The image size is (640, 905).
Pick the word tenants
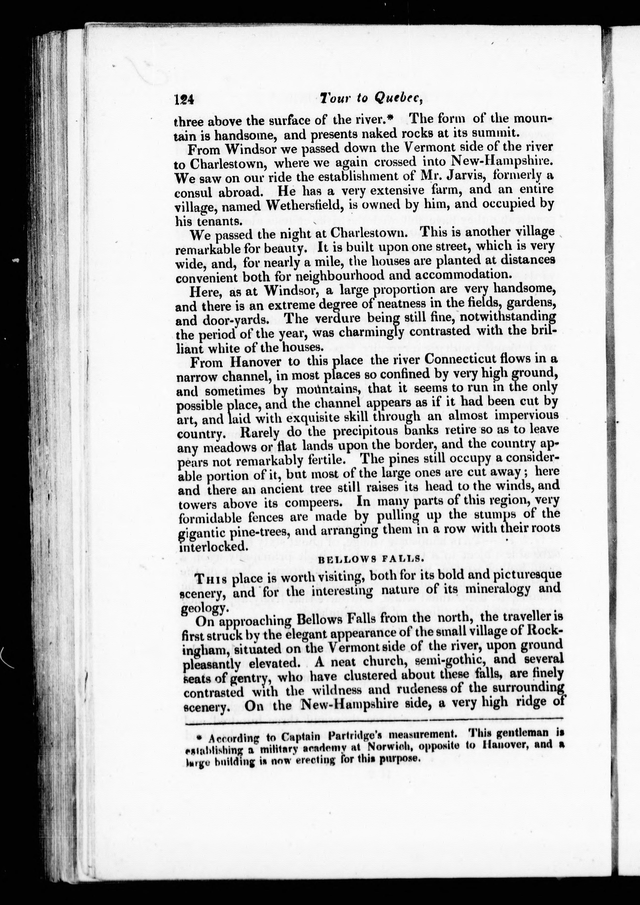(x=218, y=221)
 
